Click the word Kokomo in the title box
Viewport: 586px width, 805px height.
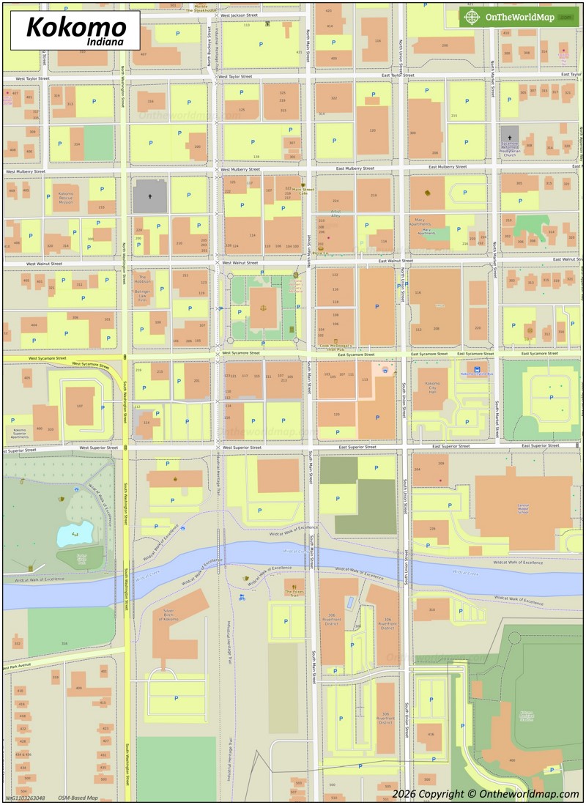click(76, 28)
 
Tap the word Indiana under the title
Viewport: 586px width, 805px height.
click(104, 42)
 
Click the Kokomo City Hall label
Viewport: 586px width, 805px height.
click(432, 387)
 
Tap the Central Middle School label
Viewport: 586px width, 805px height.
click(523, 508)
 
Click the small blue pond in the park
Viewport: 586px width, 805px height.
click(75, 534)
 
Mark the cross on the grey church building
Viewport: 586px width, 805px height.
click(150, 196)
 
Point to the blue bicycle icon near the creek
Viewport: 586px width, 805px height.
click(242, 597)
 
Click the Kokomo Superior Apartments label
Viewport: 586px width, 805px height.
click(20, 432)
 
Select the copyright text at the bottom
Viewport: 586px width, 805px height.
click(485, 793)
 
